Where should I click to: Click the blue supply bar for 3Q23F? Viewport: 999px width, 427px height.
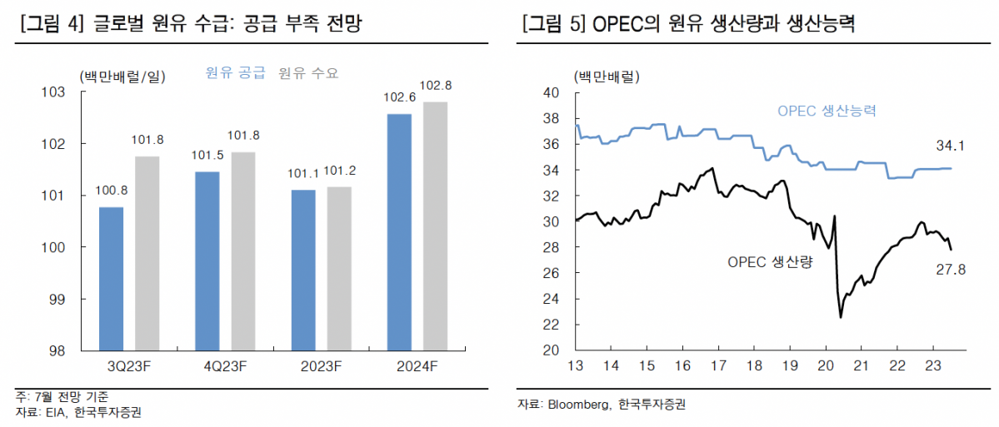111,278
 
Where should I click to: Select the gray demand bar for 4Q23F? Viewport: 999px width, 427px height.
242,251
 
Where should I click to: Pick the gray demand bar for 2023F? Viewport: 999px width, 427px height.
338,268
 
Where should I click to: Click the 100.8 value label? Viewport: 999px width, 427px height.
111,191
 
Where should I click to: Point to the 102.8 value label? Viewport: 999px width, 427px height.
436,86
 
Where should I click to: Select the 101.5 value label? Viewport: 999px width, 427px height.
207,156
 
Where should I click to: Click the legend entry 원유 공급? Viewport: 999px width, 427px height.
235,73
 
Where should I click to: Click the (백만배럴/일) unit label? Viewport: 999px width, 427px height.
123,77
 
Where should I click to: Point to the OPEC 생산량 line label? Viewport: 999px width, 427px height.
770,261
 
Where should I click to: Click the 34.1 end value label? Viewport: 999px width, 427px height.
950,147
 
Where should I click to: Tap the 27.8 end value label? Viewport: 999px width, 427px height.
950,270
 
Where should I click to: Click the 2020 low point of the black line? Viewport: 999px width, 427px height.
841,317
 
